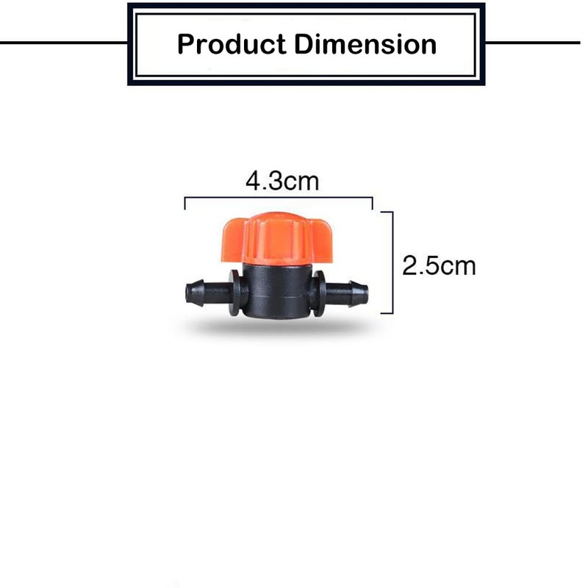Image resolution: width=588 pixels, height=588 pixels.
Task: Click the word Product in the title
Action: pyautogui.click(x=231, y=44)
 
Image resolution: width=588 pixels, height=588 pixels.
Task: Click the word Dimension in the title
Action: pyautogui.click(x=365, y=44)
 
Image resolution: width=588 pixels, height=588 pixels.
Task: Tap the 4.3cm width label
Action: pyautogui.click(x=282, y=181)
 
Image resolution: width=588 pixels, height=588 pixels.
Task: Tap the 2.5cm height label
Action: pyautogui.click(x=439, y=265)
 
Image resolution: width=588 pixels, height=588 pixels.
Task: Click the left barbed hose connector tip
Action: pyautogui.click(x=193, y=292)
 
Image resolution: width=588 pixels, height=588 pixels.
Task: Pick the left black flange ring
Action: pyautogui.click(x=234, y=293)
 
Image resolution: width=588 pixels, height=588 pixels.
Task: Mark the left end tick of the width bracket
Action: pyautogui.click(x=184, y=204)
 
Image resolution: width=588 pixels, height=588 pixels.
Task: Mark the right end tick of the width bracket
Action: pyautogui.click(x=372, y=204)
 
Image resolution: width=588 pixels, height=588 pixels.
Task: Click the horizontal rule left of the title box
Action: pyautogui.click(x=62, y=42)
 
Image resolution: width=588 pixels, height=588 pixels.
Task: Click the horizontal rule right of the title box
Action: pyautogui.click(x=533, y=42)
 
